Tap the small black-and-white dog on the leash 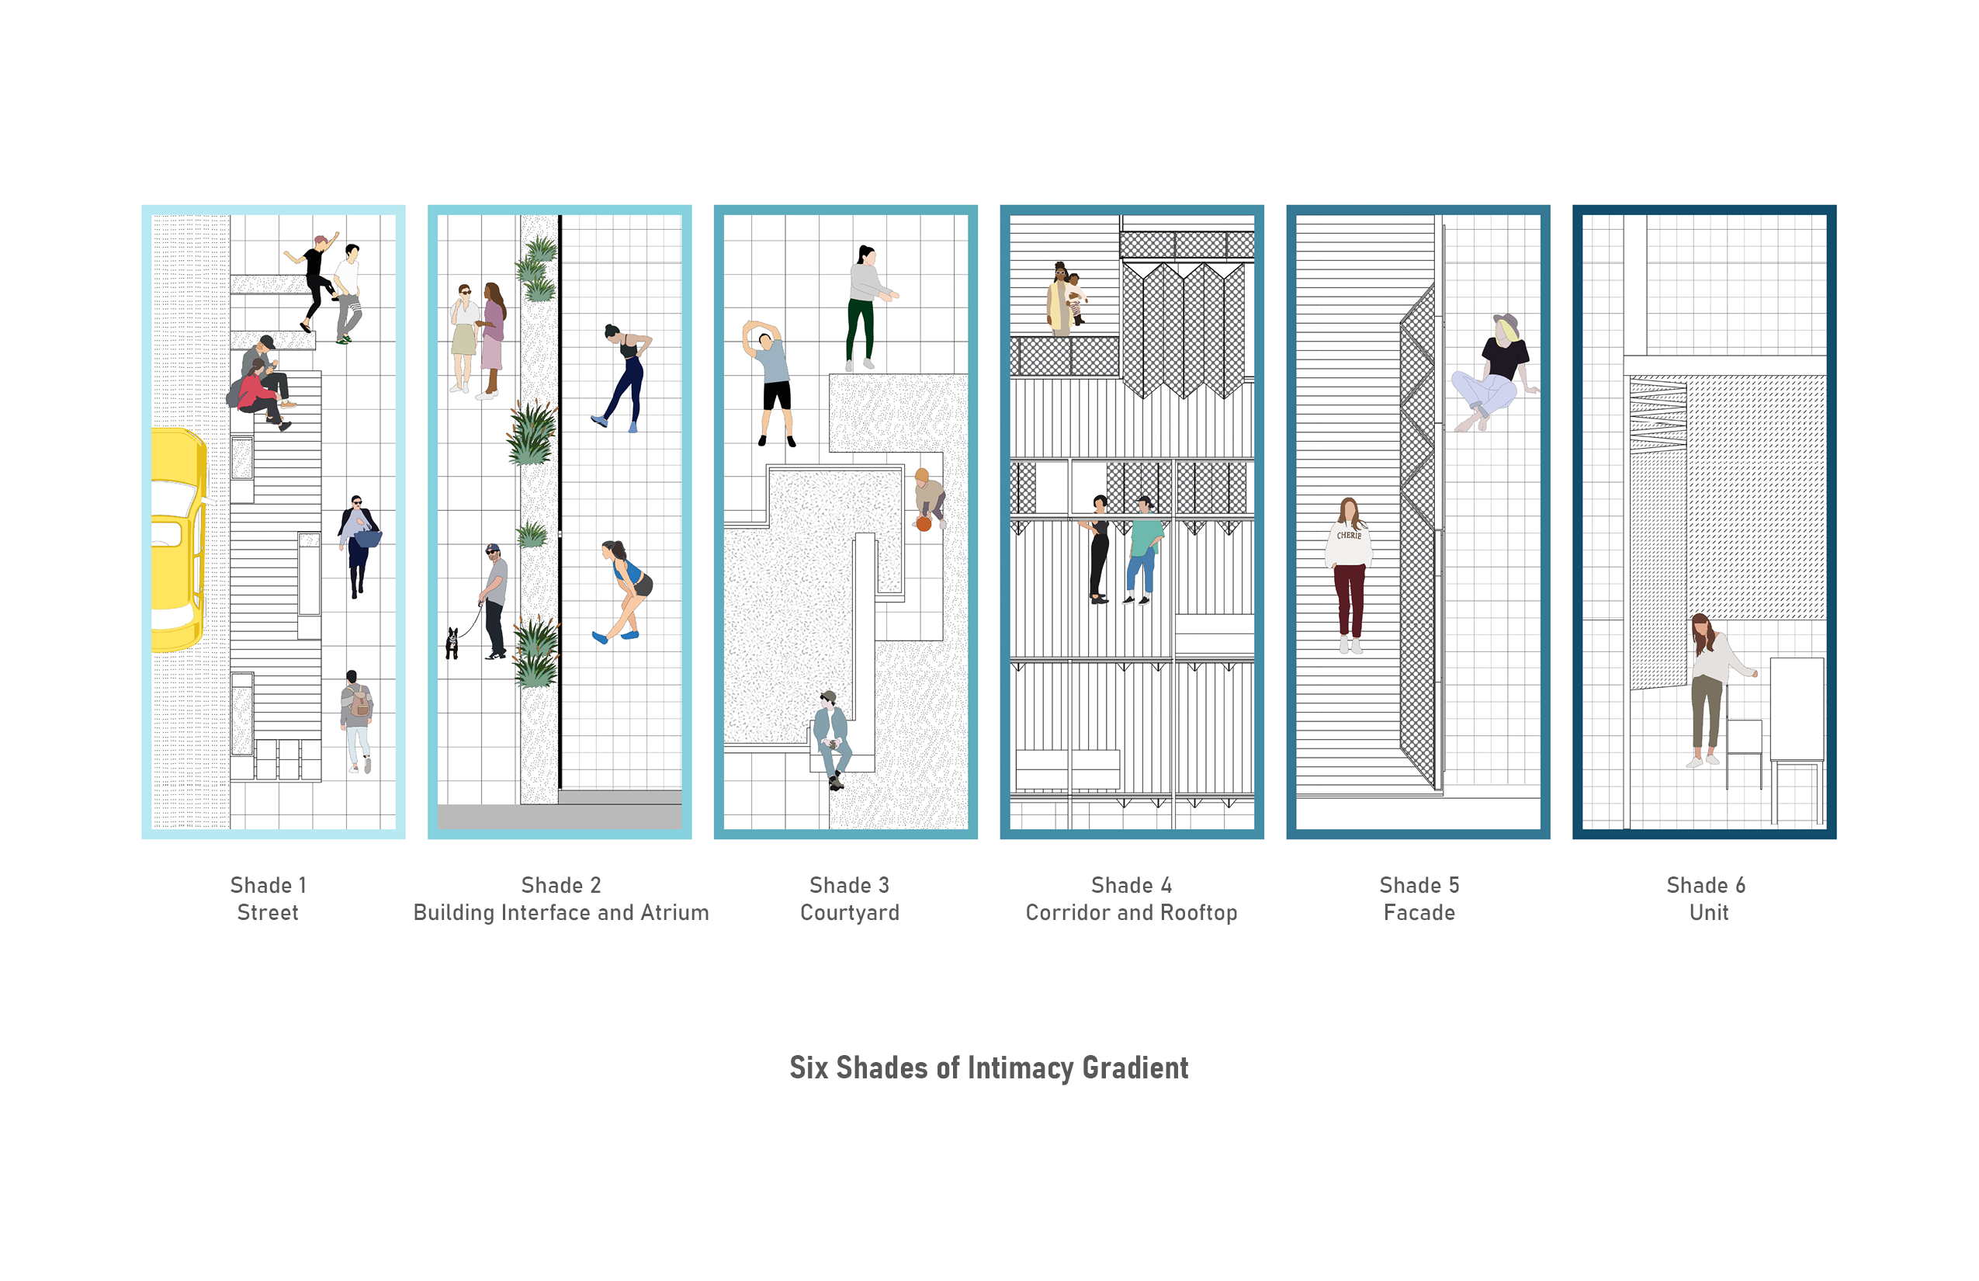pos(452,642)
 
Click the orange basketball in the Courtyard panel pos(923,523)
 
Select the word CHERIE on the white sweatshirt pos(1349,536)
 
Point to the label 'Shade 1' pos(268,885)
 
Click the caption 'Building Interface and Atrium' pos(560,912)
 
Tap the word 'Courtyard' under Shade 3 pos(849,912)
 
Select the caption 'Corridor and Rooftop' pos(1131,912)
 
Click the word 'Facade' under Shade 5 pos(1419,912)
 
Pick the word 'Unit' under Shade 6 pos(1708,912)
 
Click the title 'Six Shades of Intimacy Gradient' pos(989,1068)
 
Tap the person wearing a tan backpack pos(358,719)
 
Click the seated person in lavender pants pos(1493,374)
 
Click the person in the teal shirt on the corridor pos(1143,549)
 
